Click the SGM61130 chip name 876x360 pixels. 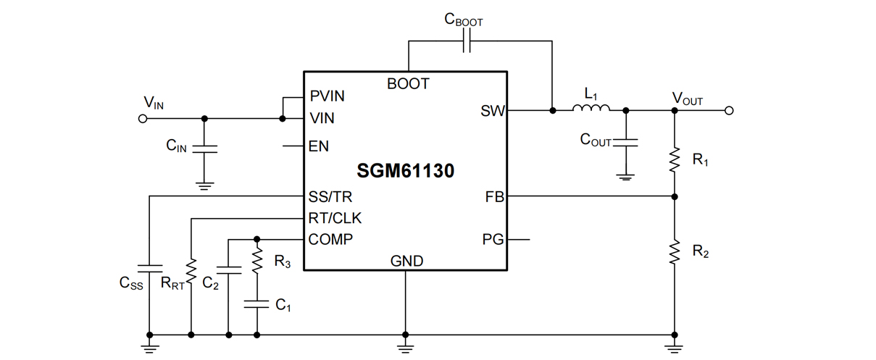tap(405, 172)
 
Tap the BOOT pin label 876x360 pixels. tap(408, 84)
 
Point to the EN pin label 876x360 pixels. tap(319, 146)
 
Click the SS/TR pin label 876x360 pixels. tap(330, 197)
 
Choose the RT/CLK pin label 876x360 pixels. tap(335, 218)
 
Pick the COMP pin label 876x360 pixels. tap(330, 239)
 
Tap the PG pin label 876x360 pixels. tap(493, 239)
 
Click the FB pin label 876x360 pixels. tap(494, 197)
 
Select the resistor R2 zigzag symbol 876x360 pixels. tap(675, 252)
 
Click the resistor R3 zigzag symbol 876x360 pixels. tap(257, 261)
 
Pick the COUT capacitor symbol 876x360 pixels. tap(626, 142)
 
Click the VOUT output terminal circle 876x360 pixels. tap(730, 111)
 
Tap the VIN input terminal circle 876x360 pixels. tap(143, 119)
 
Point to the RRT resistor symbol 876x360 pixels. tap(191, 273)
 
